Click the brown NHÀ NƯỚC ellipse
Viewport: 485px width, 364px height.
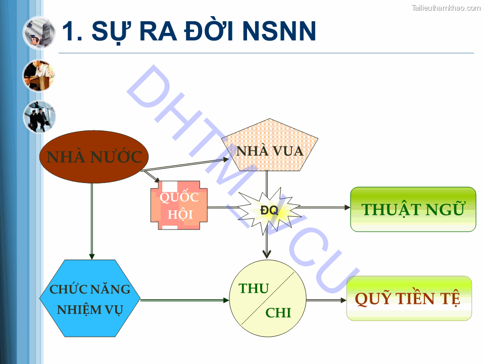pos(94,157)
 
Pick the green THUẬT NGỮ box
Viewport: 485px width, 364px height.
pos(413,209)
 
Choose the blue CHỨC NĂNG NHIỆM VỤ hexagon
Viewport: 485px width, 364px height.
pos(90,299)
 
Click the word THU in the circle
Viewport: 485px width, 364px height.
pos(254,288)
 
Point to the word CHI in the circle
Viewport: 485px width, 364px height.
pos(278,313)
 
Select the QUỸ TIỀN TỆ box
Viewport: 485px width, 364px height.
pos(409,298)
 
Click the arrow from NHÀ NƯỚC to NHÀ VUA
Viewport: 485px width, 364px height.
pos(187,165)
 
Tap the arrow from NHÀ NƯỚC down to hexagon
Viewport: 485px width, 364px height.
pos(92,222)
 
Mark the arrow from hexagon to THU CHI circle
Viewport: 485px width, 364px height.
pos(184,300)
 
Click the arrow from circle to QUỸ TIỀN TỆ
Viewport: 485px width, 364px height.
pos(326,300)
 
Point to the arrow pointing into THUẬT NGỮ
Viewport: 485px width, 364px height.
pos(323,207)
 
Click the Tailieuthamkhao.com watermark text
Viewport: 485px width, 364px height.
pos(446,8)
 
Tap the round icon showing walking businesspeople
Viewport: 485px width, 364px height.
pos(39,117)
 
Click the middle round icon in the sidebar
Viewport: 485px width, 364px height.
pos(39,75)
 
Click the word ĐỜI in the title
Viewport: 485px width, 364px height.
pos(206,31)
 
